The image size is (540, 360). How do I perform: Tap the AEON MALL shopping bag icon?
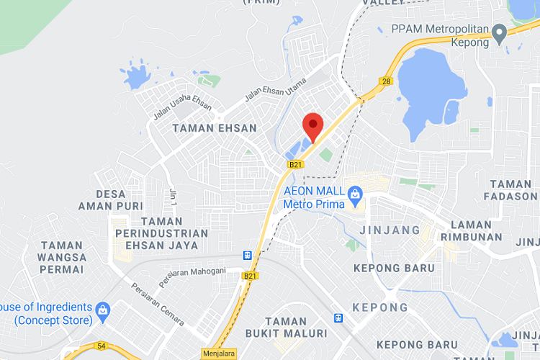(354, 194)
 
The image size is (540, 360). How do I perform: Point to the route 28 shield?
(387, 81)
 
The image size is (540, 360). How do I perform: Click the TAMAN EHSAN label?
(215, 128)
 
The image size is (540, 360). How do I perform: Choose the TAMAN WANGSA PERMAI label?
(63, 257)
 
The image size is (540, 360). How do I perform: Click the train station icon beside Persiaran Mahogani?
(248, 255)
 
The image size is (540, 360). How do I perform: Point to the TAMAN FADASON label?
(513, 190)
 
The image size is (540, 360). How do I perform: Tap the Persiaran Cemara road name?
(156, 303)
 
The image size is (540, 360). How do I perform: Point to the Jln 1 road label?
(173, 195)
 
